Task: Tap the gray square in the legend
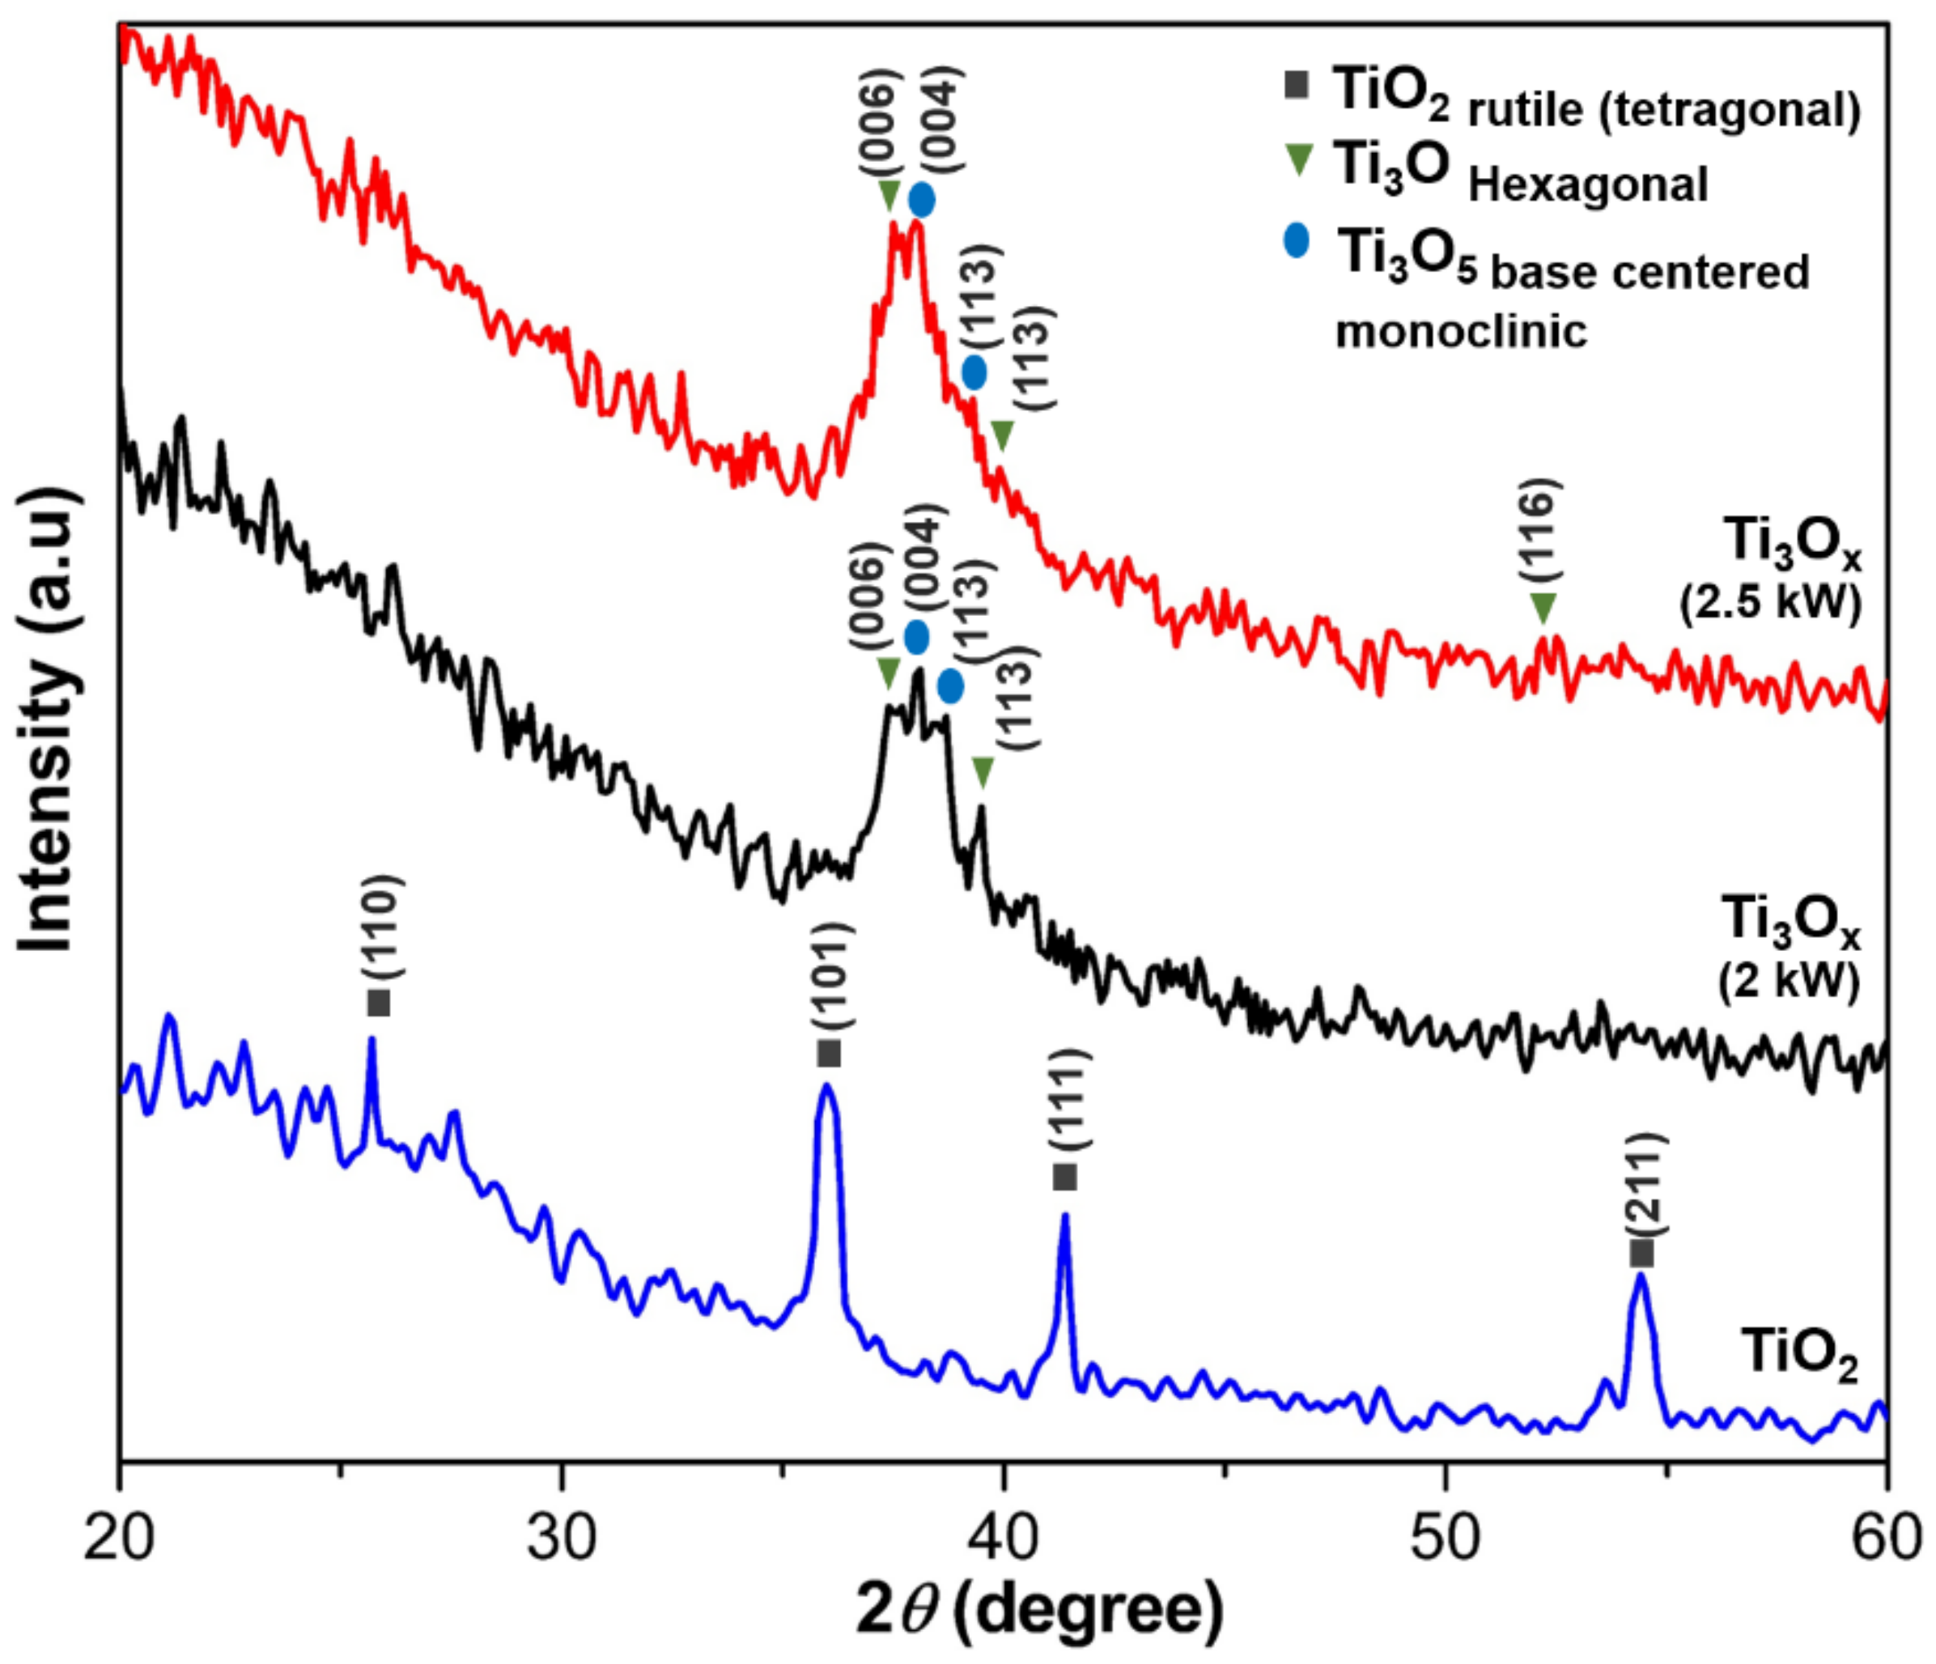coord(1296,85)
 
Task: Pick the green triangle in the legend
coord(1298,161)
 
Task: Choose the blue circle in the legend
coord(1296,241)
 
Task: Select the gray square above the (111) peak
coord(1064,1178)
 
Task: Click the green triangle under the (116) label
coord(1543,607)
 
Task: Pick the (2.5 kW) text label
coord(1771,603)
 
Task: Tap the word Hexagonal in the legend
coord(1589,184)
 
